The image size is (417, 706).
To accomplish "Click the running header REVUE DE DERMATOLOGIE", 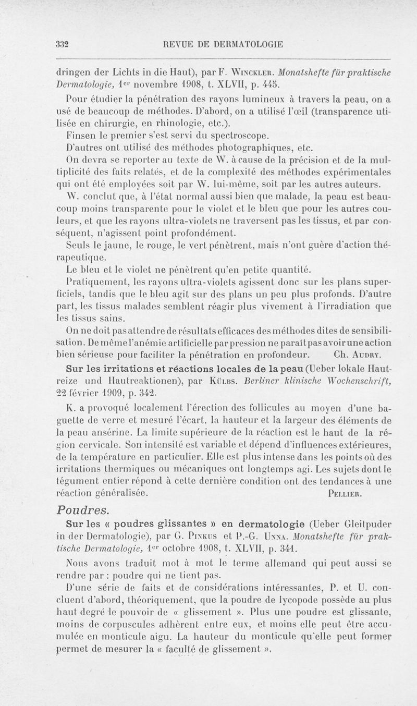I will coord(224,44).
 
